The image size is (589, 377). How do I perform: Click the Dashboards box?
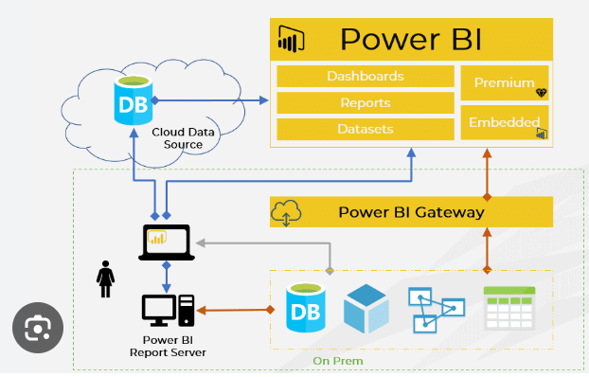[366, 77]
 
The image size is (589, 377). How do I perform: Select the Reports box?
[366, 102]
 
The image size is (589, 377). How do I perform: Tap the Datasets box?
[366, 130]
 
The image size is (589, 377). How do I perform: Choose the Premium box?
[505, 83]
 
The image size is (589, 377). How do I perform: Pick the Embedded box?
[505, 122]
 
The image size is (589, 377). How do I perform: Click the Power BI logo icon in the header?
[291, 39]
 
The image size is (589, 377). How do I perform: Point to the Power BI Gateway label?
[411, 212]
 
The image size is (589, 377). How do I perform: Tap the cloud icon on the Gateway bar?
[286, 213]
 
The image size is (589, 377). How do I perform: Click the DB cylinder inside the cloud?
[134, 100]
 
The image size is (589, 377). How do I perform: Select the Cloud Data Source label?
[184, 138]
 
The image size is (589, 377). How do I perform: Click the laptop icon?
[167, 242]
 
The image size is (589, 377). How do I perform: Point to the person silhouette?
[105, 279]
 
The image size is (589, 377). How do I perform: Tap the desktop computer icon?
[168, 311]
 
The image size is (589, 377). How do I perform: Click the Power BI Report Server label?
[168, 346]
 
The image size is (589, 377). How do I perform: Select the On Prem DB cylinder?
[306, 308]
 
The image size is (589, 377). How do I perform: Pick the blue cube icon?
[366, 309]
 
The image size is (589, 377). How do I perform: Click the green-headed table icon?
[509, 308]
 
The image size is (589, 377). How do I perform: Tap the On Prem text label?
[338, 361]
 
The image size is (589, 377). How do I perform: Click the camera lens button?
[38, 328]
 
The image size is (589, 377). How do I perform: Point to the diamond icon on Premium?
[542, 93]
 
